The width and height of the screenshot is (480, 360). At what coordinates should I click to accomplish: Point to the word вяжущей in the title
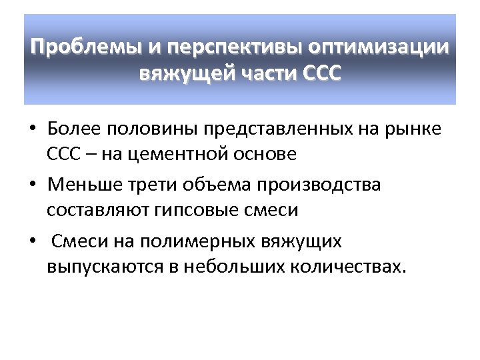tap(178, 73)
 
